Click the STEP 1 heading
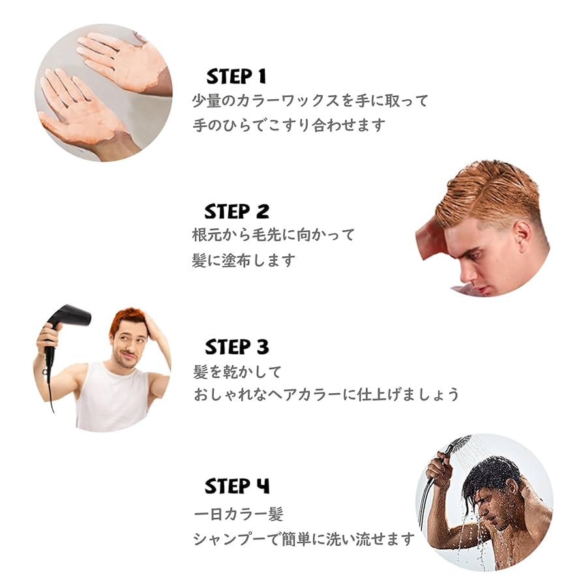pyautogui.click(x=236, y=77)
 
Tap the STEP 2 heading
pyautogui.click(x=236, y=212)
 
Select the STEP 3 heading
pyautogui.click(x=237, y=347)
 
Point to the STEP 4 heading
pyautogui.click(x=237, y=486)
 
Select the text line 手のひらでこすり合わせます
pyautogui.click(x=289, y=125)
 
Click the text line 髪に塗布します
pyautogui.click(x=244, y=260)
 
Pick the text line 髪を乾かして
pyautogui.click(x=237, y=372)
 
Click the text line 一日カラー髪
pyautogui.click(x=239, y=515)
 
